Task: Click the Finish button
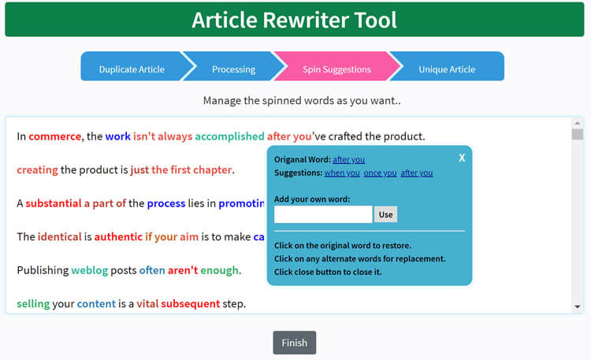pyautogui.click(x=295, y=343)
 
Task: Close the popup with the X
pyautogui.click(x=462, y=158)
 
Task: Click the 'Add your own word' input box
pyautogui.click(x=323, y=214)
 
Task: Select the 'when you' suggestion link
pyautogui.click(x=342, y=173)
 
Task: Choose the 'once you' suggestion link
pyautogui.click(x=381, y=173)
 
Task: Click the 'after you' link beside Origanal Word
pyautogui.click(x=348, y=159)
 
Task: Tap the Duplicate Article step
pyautogui.click(x=132, y=69)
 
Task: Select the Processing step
pyautogui.click(x=234, y=69)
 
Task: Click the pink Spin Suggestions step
pyautogui.click(x=336, y=69)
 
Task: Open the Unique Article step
pyautogui.click(x=447, y=69)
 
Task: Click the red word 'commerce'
pyautogui.click(x=55, y=136)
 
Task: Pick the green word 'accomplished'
pyautogui.click(x=229, y=136)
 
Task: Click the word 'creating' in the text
pyautogui.click(x=37, y=170)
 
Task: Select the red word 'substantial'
pyautogui.click(x=54, y=203)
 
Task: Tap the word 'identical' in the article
pyautogui.click(x=60, y=237)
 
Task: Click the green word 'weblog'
pyautogui.click(x=90, y=270)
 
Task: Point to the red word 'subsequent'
pyautogui.click(x=191, y=304)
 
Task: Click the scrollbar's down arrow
pyautogui.click(x=578, y=306)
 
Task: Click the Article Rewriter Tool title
pyautogui.click(x=295, y=20)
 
